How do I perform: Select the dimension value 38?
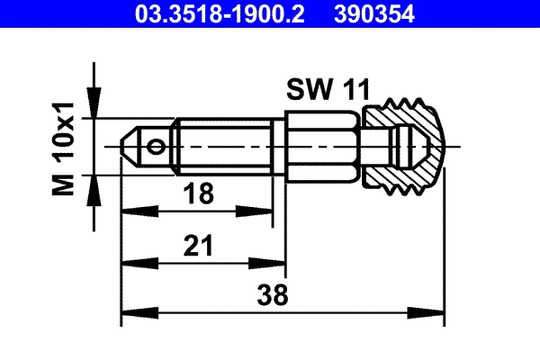[283, 294]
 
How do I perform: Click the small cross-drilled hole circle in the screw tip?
[158, 145]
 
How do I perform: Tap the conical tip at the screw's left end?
[131, 145]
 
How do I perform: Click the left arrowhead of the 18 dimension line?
[129, 211]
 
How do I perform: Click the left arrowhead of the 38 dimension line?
[129, 314]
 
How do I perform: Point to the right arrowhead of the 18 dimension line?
[266, 211]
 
